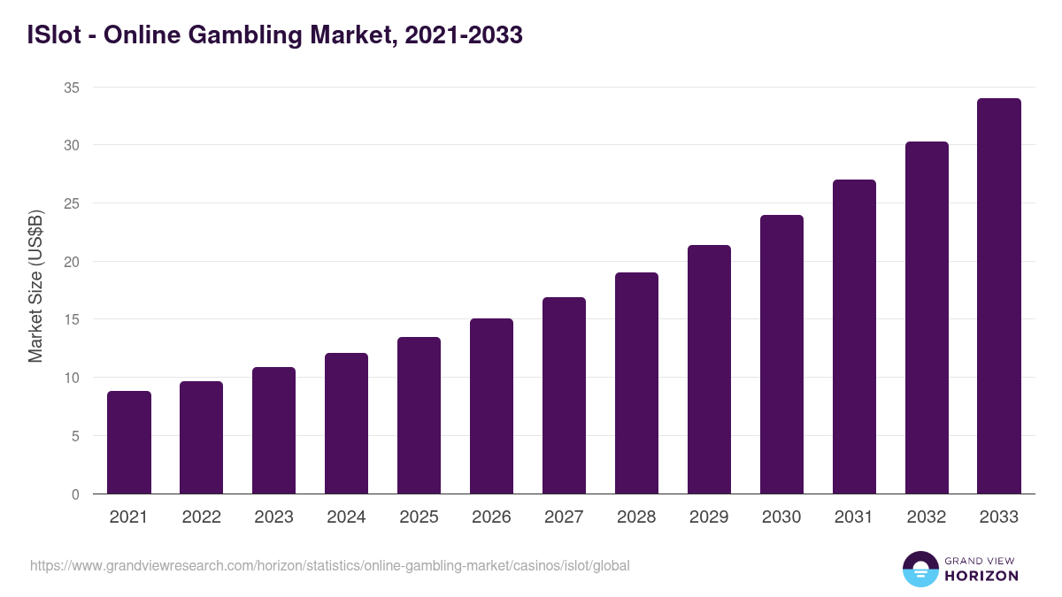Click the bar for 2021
[129, 442]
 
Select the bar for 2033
[999, 296]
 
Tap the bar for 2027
[564, 395]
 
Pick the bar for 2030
[781, 354]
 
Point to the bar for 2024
[346, 424]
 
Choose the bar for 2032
[927, 318]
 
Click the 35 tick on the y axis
[72, 88]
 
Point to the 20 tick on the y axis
[72, 262]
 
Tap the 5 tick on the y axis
[75, 436]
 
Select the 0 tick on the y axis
[75, 494]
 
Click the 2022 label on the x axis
[201, 517]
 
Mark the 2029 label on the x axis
[709, 517]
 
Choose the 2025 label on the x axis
[419, 517]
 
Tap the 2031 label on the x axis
[854, 517]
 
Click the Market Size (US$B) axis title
[36, 286]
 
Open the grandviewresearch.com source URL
[330, 565]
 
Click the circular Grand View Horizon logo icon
[920, 569]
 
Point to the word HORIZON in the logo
[981, 576]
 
